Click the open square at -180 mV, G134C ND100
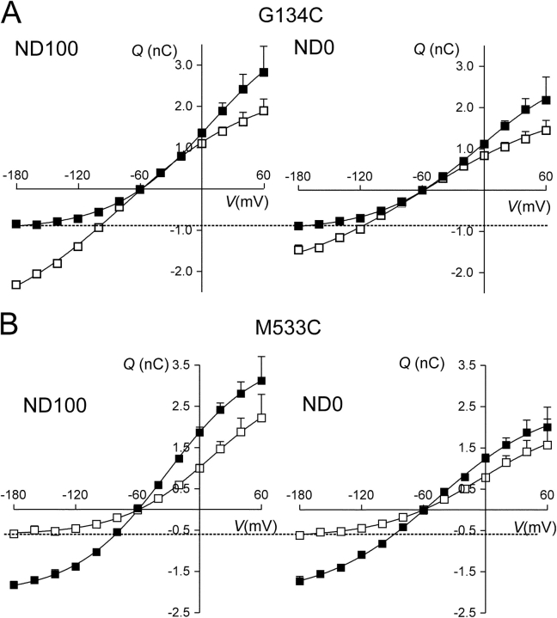tap(16, 285)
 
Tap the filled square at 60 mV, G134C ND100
tap(264, 72)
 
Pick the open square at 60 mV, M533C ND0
tap(547, 445)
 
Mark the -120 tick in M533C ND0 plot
tap(360, 496)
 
